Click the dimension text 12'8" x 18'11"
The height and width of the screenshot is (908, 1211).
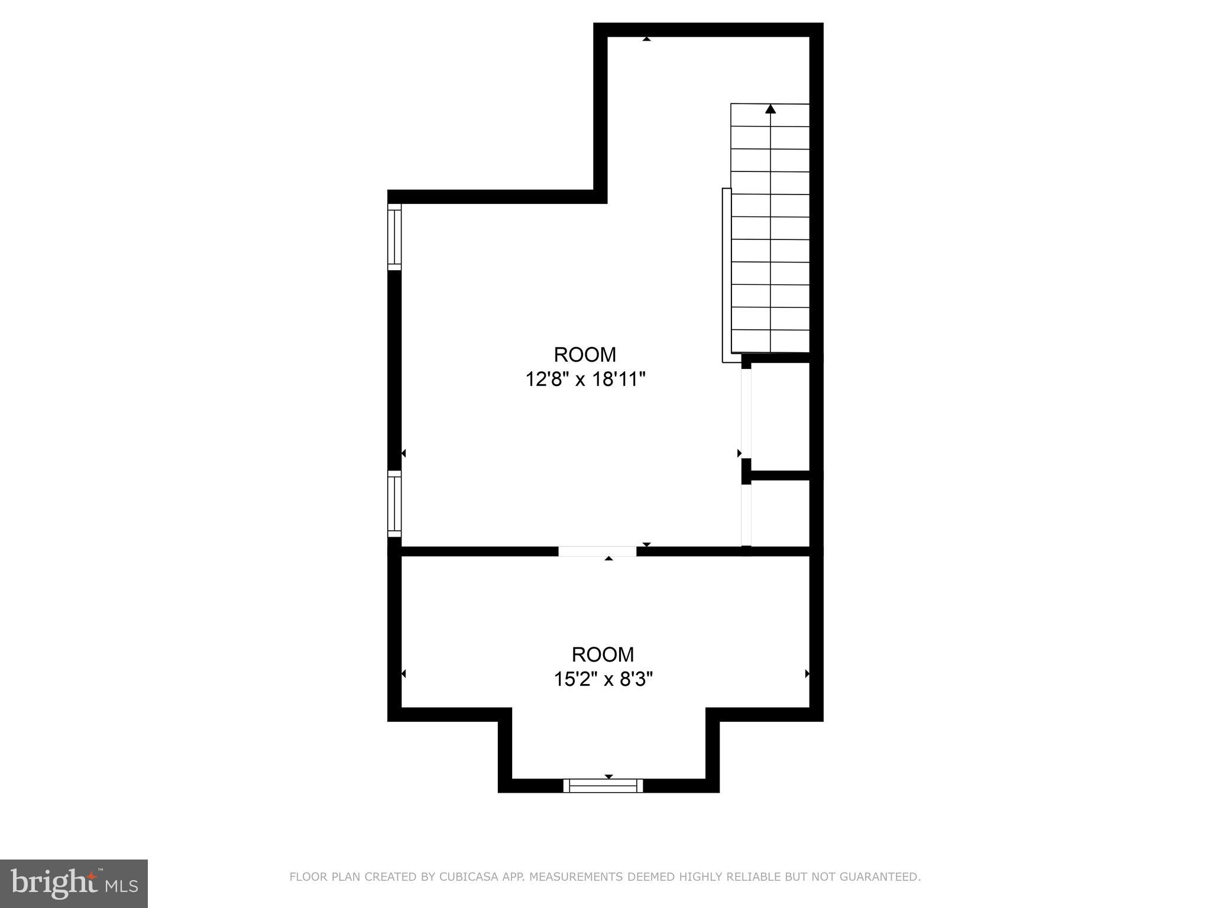pos(585,379)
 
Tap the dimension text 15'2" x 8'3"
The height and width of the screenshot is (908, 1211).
pos(603,679)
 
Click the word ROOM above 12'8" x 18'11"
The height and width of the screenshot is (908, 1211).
pos(585,354)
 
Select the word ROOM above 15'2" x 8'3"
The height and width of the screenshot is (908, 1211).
pos(603,654)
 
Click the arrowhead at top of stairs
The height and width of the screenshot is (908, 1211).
pos(770,109)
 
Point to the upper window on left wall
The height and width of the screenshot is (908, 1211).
pos(394,236)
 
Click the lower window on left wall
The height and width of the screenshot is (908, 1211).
pos(394,503)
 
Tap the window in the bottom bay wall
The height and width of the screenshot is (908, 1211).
pos(603,785)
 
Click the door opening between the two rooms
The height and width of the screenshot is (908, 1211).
pos(597,551)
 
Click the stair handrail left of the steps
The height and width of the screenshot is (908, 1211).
pos(727,275)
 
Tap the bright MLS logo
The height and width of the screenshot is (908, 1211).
pos(74,883)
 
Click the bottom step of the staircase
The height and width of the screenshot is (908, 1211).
pos(770,341)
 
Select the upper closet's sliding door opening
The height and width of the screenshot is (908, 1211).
pos(746,413)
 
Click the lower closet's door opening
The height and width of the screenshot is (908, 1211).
pos(746,514)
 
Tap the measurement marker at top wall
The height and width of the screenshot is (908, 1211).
pos(646,39)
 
